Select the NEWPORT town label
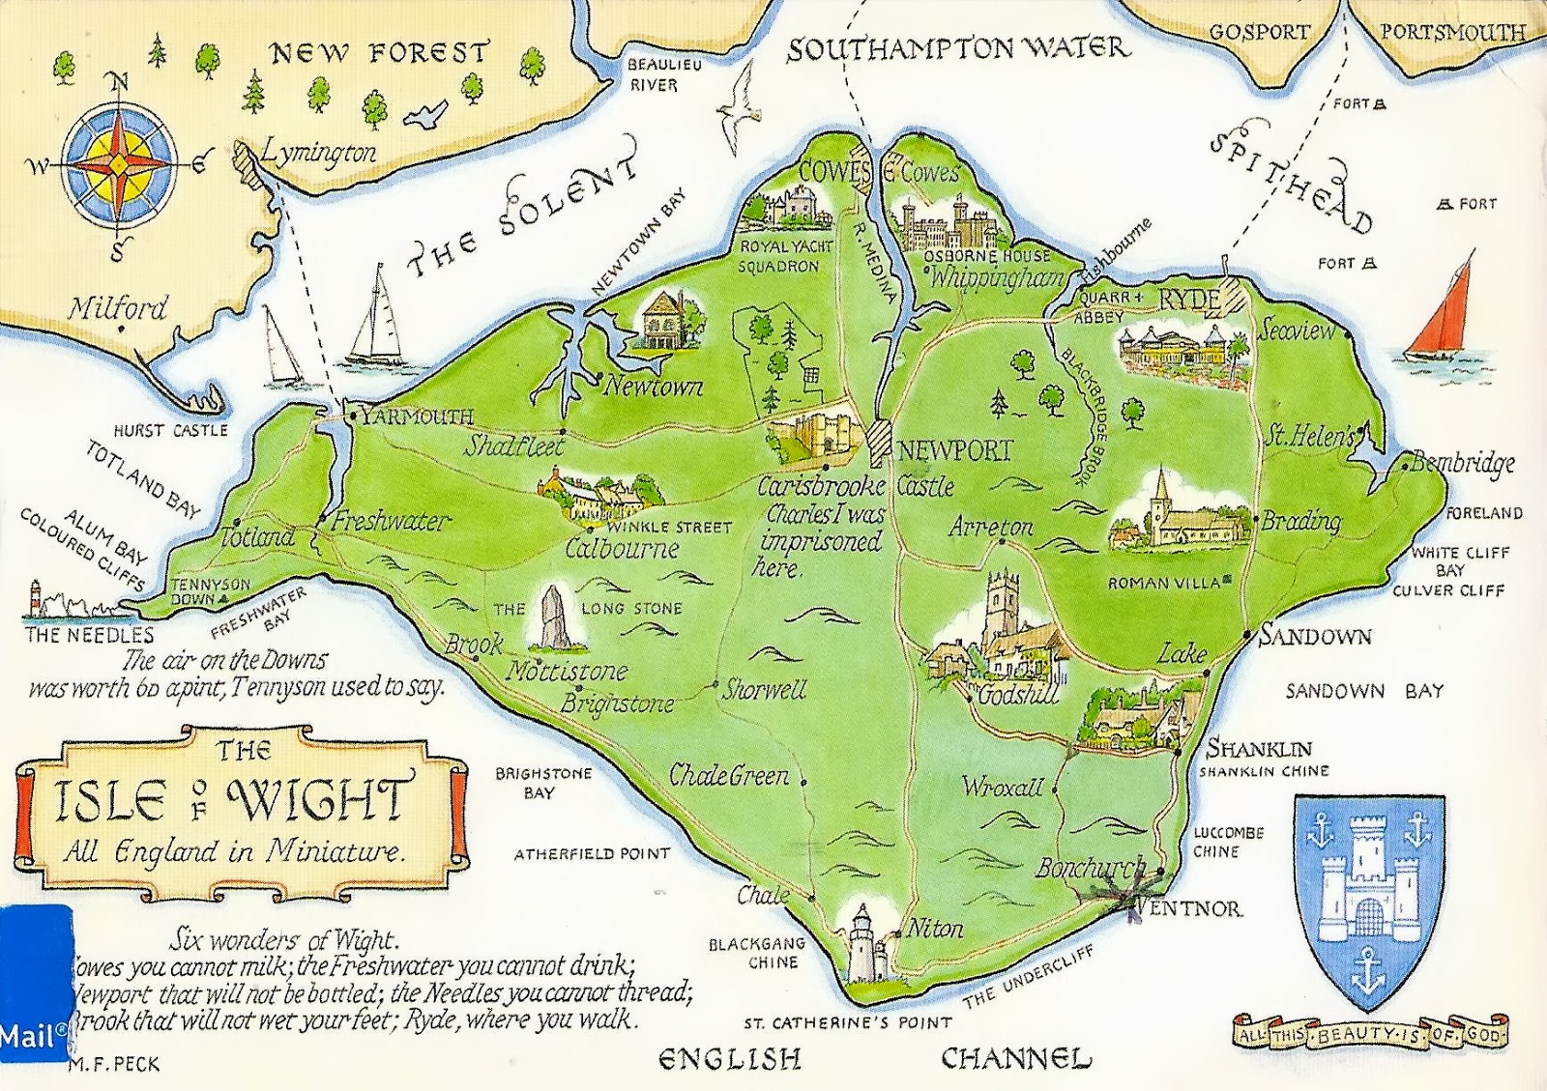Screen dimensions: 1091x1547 pyautogui.click(x=954, y=449)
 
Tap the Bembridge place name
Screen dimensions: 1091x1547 pyautogui.click(x=1462, y=463)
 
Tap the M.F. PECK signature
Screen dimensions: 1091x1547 pyautogui.click(x=115, y=1065)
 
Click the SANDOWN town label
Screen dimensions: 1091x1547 pyautogui.click(x=1316, y=636)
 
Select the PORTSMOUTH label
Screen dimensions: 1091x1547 pyautogui.click(x=1452, y=31)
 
